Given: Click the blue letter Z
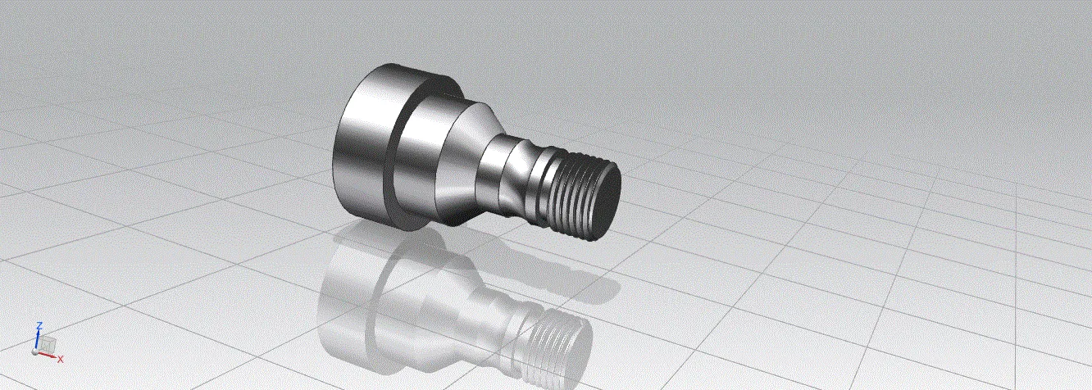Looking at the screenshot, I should coord(39,325).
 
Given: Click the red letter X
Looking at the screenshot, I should coord(61,359).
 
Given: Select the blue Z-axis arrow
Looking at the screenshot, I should coord(38,338).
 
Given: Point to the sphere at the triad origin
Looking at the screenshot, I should coord(35,351).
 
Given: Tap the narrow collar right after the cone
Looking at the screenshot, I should coord(494,172).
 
